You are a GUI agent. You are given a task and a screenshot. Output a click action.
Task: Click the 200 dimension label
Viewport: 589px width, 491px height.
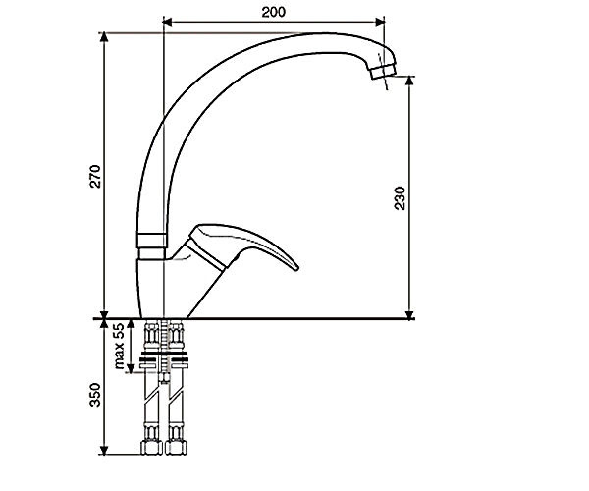tap(273, 12)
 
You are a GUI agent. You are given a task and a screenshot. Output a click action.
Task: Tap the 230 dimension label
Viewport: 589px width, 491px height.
tap(400, 198)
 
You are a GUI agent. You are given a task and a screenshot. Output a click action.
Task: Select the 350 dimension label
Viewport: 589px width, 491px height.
tap(95, 395)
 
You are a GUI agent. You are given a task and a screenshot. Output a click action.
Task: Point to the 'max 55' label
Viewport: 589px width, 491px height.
tap(120, 346)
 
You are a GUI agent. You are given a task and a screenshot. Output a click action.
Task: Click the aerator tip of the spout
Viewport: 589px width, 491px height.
tap(383, 72)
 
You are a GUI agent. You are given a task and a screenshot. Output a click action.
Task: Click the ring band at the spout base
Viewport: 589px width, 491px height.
tap(152, 241)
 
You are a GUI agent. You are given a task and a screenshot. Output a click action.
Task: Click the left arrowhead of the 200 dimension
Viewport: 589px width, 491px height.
tap(167, 22)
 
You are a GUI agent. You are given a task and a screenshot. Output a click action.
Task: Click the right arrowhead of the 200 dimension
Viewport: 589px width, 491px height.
tap(380, 22)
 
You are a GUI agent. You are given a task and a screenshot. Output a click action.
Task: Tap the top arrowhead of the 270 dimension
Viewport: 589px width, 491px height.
tap(105, 37)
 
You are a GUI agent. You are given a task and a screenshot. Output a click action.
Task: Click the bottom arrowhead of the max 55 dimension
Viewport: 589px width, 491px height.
tap(131, 368)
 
